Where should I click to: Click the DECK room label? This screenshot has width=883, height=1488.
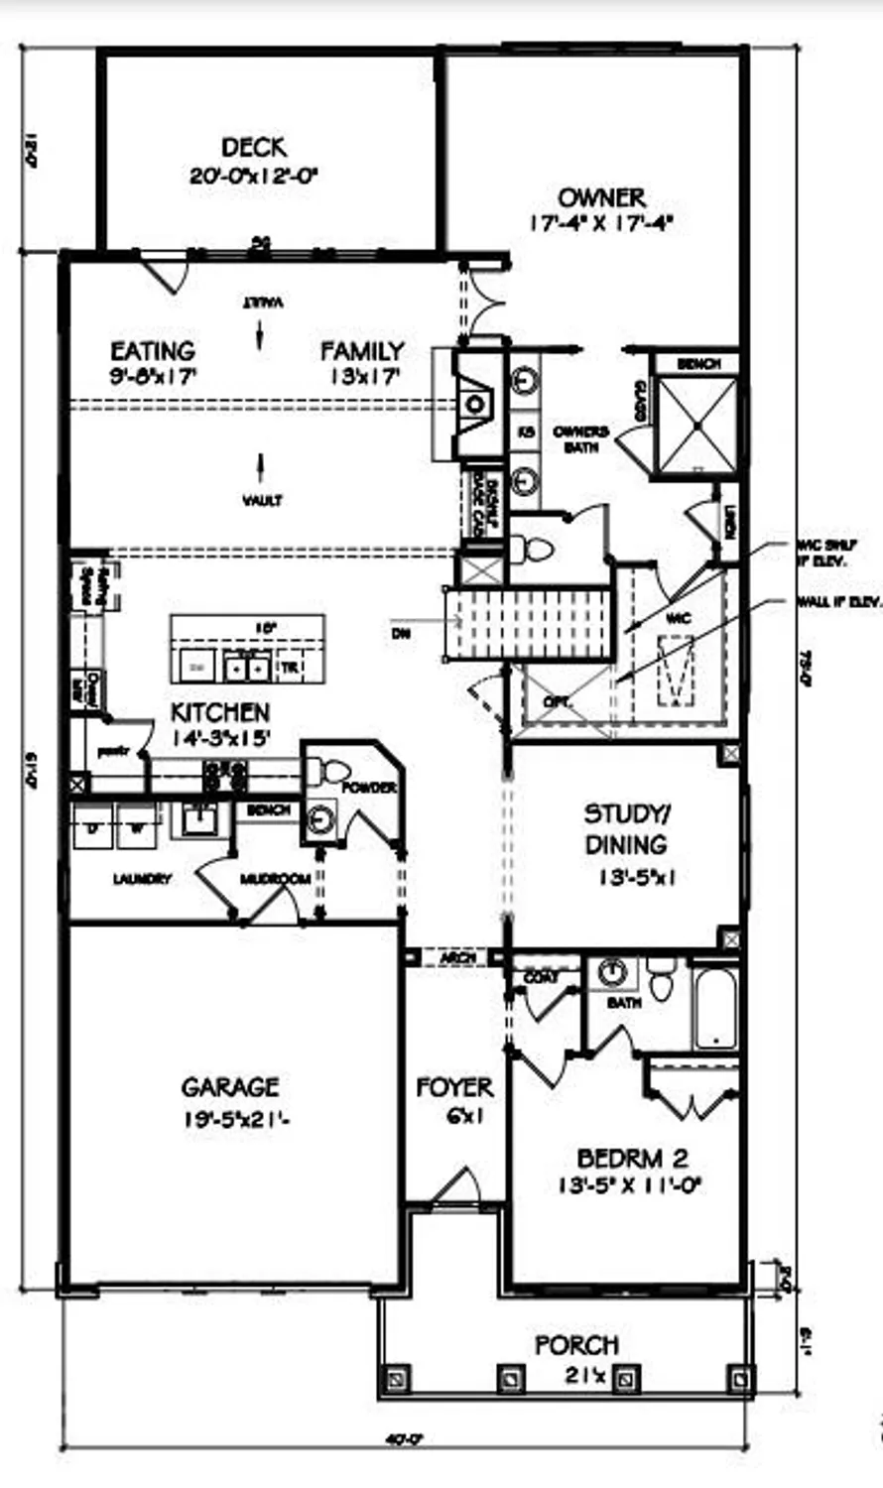click(x=254, y=148)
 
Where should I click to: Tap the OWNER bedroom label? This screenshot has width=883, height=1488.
click(x=601, y=197)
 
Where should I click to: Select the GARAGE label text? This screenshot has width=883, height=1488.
click(x=229, y=1087)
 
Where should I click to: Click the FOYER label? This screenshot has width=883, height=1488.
click(x=454, y=1087)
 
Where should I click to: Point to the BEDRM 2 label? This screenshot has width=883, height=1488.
click(x=632, y=1158)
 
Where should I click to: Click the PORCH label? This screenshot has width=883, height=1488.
click(x=576, y=1345)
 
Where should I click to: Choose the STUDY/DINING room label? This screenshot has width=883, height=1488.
click(x=626, y=829)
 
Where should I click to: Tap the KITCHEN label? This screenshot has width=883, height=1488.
click(x=219, y=712)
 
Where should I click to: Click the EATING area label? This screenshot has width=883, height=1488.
click(x=152, y=351)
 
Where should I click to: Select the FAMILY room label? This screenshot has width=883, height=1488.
click(x=362, y=351)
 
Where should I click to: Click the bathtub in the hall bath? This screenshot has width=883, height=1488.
click(x=714, y=1007)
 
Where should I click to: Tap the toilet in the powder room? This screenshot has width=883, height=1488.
click(x=326, y=770)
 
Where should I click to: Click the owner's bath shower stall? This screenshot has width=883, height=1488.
click(x=697, y=426)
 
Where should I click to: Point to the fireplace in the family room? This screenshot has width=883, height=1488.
click(x=474, y=402)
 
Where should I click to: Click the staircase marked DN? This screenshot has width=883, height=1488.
click(x=526, y=623)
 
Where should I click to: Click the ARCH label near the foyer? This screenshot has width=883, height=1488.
click(x=456, y=958)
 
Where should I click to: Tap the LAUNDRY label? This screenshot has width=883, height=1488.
click(x=142, y=879)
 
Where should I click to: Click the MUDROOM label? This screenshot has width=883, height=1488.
click(x=275, y=879)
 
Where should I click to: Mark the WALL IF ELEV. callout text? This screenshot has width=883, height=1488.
click(x=838, y=602)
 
